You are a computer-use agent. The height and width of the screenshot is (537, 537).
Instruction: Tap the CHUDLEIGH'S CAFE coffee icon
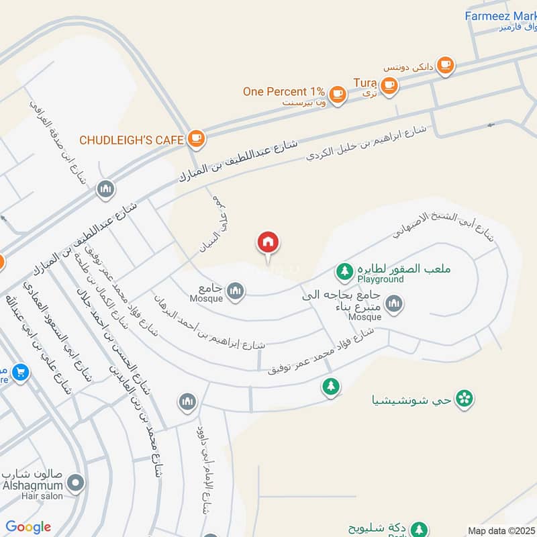coord(196,139)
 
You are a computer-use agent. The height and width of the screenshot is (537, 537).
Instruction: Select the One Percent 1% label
coord(284,91)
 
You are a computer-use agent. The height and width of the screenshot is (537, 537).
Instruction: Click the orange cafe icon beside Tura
coord(389,85)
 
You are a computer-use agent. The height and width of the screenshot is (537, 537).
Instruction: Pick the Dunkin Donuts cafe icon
coord(444,65)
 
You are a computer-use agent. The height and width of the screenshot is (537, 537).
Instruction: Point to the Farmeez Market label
coord(501,17)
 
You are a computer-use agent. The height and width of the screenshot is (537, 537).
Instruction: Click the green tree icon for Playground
coord(344,271)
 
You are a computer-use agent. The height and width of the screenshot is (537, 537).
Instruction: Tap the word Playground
coord(381,279)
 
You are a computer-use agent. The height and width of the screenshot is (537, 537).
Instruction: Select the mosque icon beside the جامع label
coord(235,291)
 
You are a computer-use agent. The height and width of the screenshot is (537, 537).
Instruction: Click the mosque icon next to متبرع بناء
coord(395,303)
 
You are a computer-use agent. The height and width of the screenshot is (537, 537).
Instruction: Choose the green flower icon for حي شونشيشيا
coord(464,399)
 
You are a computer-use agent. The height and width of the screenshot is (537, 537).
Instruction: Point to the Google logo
coord(29,527)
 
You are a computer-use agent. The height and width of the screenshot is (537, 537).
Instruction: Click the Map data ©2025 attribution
coord(501,530)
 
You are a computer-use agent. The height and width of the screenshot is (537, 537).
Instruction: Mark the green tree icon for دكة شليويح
coord(420,530)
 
